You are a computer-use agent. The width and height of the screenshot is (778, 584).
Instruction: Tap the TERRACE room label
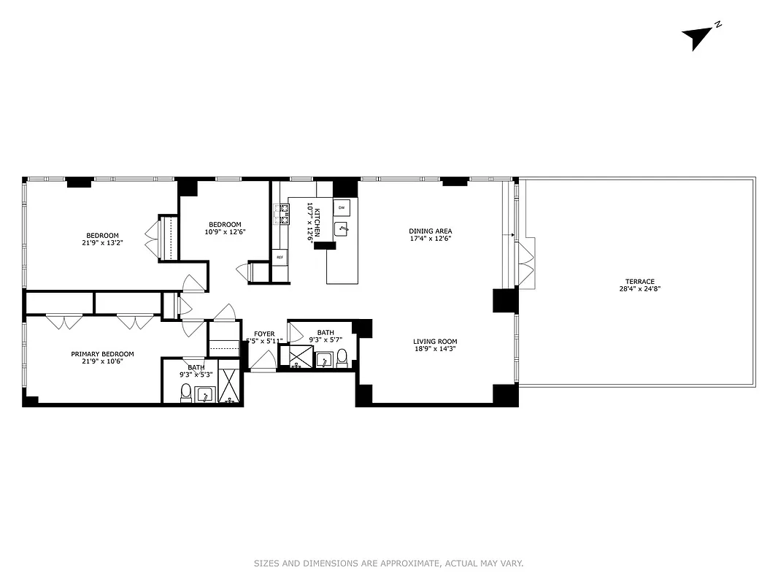point(639,281)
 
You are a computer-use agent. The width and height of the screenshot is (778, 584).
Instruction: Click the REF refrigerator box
point(280,257)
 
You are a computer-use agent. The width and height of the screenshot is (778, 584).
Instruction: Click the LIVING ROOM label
point(435,341)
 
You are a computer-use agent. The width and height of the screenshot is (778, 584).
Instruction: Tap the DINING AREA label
point(430,231)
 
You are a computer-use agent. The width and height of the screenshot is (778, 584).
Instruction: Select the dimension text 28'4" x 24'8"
point(639,289)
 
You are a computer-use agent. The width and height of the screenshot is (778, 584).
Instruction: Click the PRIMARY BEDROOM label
point(102,354)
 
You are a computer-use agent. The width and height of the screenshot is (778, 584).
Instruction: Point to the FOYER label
point(264,334)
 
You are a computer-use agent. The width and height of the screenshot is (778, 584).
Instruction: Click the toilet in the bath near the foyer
point(342,357)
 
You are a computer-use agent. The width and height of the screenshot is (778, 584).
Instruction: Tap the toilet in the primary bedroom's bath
point(185,392)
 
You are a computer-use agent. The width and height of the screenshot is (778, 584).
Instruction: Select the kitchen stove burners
point(280,213)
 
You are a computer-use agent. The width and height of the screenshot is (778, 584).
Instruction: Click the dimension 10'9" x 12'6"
point(225,232)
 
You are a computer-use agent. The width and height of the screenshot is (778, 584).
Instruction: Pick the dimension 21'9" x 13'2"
point(102,243)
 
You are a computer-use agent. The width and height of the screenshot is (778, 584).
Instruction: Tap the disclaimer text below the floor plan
point(388,563)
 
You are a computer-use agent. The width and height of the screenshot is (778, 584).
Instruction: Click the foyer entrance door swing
point(263,361)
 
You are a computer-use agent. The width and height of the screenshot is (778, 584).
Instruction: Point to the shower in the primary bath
point(229,387)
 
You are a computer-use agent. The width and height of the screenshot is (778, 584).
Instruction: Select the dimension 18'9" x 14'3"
point(435,349)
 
